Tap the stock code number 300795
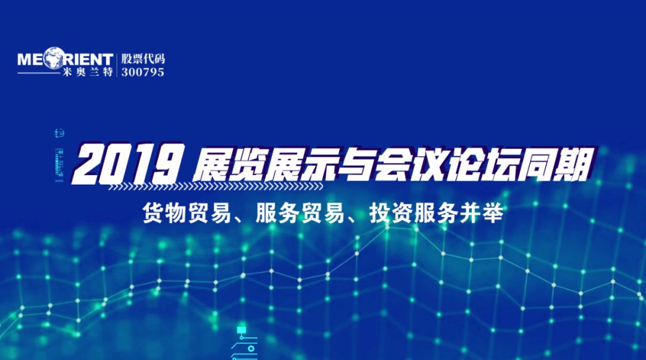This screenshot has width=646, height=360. (x=142, y=72)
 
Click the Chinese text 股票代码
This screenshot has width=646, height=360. (x=142, y=59)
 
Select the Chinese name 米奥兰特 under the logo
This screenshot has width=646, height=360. (x=88, y=72)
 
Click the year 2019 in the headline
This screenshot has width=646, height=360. (x=128, y=163)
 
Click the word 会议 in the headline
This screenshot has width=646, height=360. (x=410, y=164)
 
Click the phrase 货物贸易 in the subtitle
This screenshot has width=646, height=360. (x=187, y=213)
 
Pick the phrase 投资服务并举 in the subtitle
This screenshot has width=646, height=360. (x=436, y=213)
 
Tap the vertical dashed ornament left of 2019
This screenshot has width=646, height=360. (x=59, y=155)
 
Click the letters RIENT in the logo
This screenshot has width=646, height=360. (x=88, y=59)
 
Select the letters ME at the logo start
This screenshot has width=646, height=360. (x=30, y=59)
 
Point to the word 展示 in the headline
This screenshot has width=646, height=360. (x=300, y=164)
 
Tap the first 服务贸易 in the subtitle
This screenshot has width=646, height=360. (x=300, y=213)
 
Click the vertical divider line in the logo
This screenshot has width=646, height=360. (x=117, y=65)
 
